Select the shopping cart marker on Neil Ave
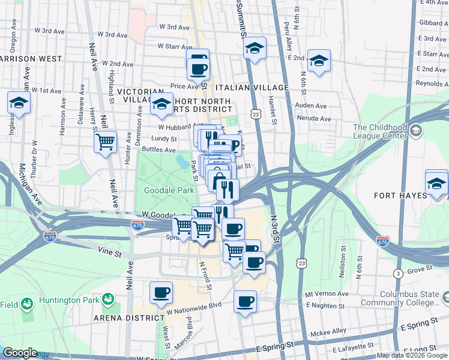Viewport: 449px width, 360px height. tap(105, 143)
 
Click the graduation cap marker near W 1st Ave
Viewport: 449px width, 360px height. tap(19, 103)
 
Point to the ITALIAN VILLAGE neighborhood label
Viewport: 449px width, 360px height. tap(254, 88)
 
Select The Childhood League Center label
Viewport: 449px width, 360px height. tap(380, 131)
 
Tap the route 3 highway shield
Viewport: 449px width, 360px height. tap(397, 274)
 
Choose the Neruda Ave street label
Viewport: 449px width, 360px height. tap(314, 119)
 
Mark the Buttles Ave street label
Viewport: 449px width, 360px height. tap(158, 150)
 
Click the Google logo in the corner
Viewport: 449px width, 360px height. tap(20, 353)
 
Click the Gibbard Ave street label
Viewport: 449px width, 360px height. tap(431, 22)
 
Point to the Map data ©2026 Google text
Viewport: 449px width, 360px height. tap(411, 355)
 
